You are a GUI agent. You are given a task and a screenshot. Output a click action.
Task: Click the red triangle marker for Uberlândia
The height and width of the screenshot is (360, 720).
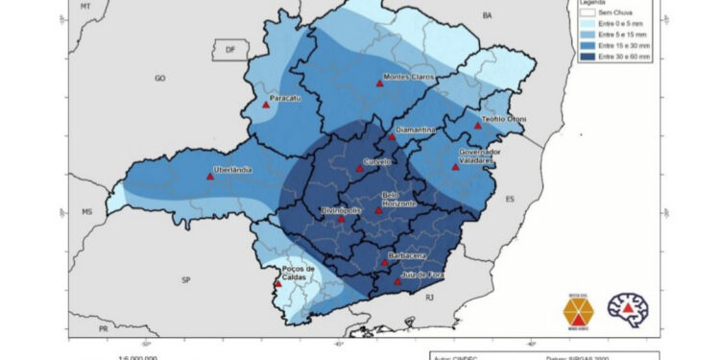coord(210,176)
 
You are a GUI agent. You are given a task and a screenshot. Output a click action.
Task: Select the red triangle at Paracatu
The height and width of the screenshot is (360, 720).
coord(266,106)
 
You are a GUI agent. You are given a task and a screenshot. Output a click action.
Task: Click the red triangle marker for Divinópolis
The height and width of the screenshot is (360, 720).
coord(341,219)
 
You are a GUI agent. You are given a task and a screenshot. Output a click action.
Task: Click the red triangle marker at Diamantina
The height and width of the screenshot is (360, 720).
coord(392,137)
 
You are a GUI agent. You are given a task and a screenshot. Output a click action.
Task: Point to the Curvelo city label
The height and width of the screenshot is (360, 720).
coord(377,161)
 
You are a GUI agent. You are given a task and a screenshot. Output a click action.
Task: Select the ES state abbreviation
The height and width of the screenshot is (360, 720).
coord(510,199)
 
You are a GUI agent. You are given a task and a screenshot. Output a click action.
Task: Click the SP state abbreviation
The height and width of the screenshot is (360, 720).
coord(186,280)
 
